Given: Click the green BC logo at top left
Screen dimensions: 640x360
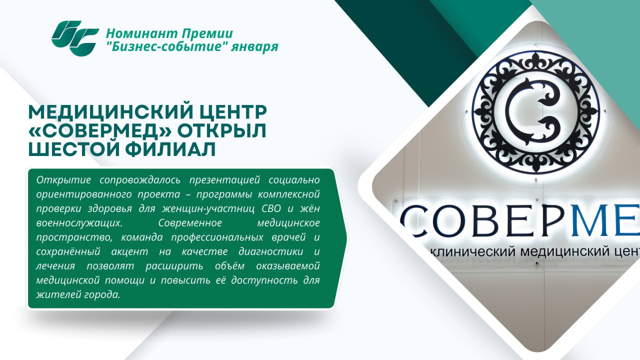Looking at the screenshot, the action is [x=75, y=38].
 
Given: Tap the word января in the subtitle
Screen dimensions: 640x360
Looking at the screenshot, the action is [x=254, y=46].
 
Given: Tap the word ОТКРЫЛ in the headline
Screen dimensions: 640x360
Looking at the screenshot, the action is [x=222, y=130].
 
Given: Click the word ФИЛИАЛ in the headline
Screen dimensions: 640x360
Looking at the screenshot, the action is [x=170, y=149].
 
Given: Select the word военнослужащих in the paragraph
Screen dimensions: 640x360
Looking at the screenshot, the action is [x=79, y=223].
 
